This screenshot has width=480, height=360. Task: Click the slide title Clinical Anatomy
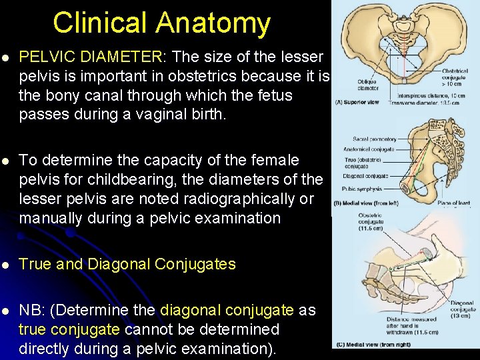click(x=161, y=23)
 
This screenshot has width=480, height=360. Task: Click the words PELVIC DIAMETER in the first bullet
click(x=89, y=58)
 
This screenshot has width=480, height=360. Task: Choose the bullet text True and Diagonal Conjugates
click(x=127, y=264)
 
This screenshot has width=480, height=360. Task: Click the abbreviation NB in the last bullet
click(x=32, y=311)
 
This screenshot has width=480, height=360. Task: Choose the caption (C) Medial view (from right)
click(x=369, y=344)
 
